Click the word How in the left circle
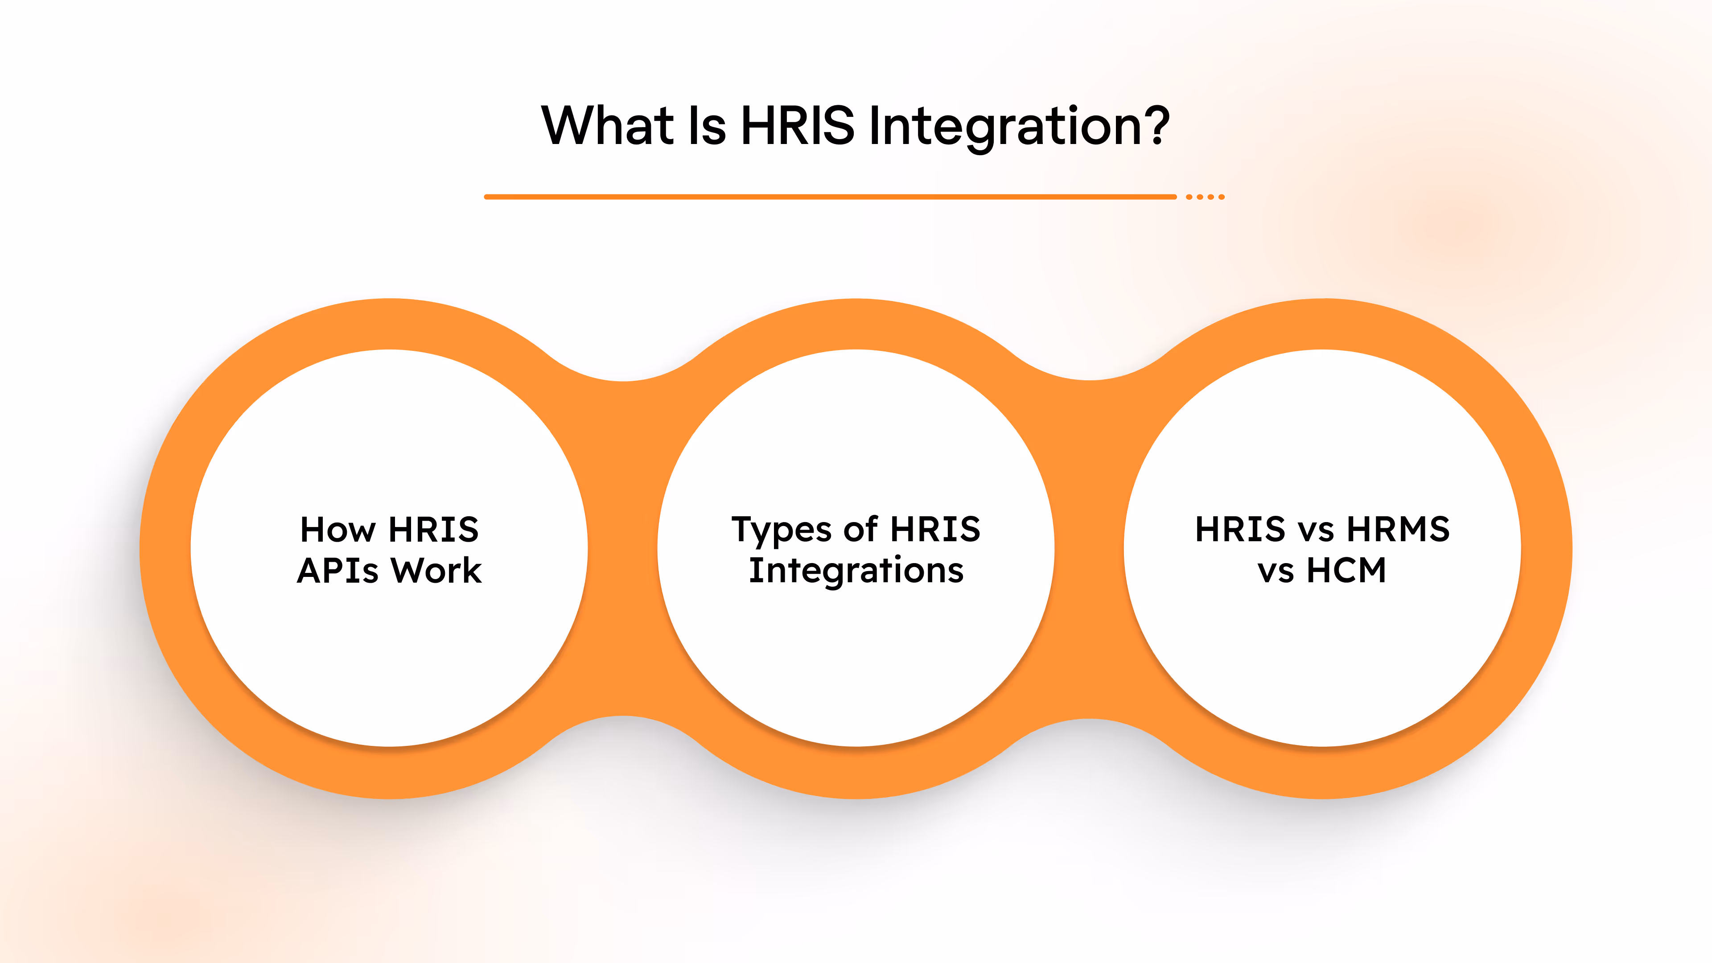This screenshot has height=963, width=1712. pos(337,530)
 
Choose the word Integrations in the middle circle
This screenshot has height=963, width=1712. pos(856,570)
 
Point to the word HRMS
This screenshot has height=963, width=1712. pos(1398,530)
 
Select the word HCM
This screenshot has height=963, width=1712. pos(1346,570)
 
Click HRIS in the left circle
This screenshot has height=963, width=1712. pos(433,530)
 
